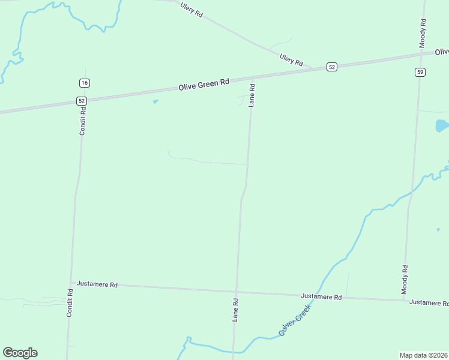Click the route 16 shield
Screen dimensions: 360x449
[x=84, y=82]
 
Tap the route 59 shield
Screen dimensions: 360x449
[x=420, y=72]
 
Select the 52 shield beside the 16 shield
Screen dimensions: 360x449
[x=82, y=101]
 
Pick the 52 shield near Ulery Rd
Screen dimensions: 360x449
[x=332, y=67]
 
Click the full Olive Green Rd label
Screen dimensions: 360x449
[x=204, y=86]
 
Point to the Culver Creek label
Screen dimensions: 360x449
[x=295, y=320]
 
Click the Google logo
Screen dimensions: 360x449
[x=20, y=353]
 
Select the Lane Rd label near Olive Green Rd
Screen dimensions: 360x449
[x=253, y=95]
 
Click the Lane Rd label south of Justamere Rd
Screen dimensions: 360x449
[x=237, y=310]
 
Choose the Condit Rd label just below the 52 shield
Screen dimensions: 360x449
[x=83, y=121]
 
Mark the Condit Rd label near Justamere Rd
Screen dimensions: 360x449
[x=70, y=303]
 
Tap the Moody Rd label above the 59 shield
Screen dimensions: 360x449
[x=423, y=33]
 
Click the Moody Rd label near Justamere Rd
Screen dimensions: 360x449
[x=405, y=279]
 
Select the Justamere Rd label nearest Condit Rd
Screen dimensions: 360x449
[x=97, y=284]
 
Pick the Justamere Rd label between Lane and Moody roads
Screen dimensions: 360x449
[x=321, y=296]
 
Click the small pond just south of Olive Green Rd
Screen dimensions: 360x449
[x=155, y=101]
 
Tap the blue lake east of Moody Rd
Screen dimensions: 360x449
[x=441, y=125]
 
